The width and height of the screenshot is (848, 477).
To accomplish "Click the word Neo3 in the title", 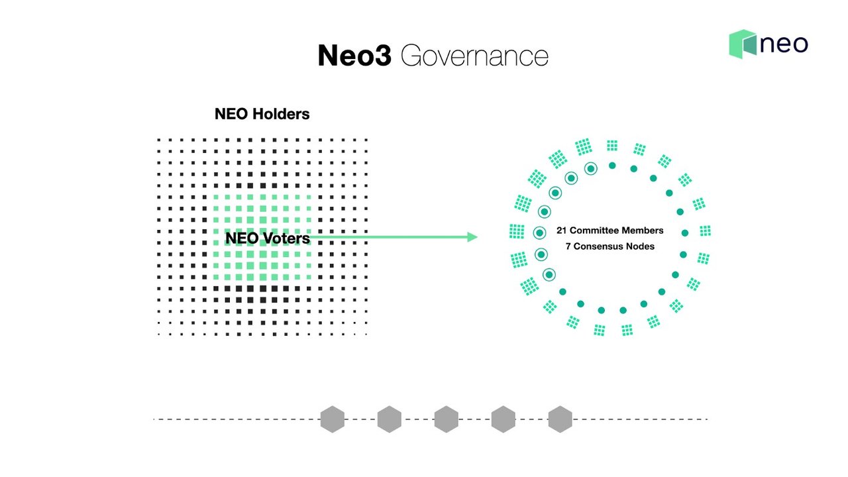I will coord(354,56).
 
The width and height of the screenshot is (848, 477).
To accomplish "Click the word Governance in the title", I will coord(474,57).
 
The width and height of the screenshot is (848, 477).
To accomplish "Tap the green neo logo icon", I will coord(743,44).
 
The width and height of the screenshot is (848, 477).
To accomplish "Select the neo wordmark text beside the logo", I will coord(784,44).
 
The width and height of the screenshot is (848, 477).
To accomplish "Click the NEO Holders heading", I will coord(262,114).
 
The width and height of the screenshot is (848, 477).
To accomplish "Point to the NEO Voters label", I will coord(268,238).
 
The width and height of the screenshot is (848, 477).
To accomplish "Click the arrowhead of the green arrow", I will coord(472,237).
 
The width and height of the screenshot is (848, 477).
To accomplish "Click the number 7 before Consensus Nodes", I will coord(568,246).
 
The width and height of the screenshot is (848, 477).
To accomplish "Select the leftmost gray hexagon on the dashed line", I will coord(332,419).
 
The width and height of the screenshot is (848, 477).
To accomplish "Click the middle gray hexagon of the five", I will coord(446,419).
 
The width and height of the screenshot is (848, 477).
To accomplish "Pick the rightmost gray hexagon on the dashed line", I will coord(560,419).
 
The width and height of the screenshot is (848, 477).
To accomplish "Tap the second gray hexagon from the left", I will coord(389,419).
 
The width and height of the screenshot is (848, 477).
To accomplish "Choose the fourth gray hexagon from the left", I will coord(503,419).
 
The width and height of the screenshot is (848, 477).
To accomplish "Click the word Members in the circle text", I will coord(643,231).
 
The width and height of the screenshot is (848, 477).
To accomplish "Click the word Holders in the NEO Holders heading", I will coord(280,114).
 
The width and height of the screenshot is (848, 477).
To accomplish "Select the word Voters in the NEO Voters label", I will coord(286,238).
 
